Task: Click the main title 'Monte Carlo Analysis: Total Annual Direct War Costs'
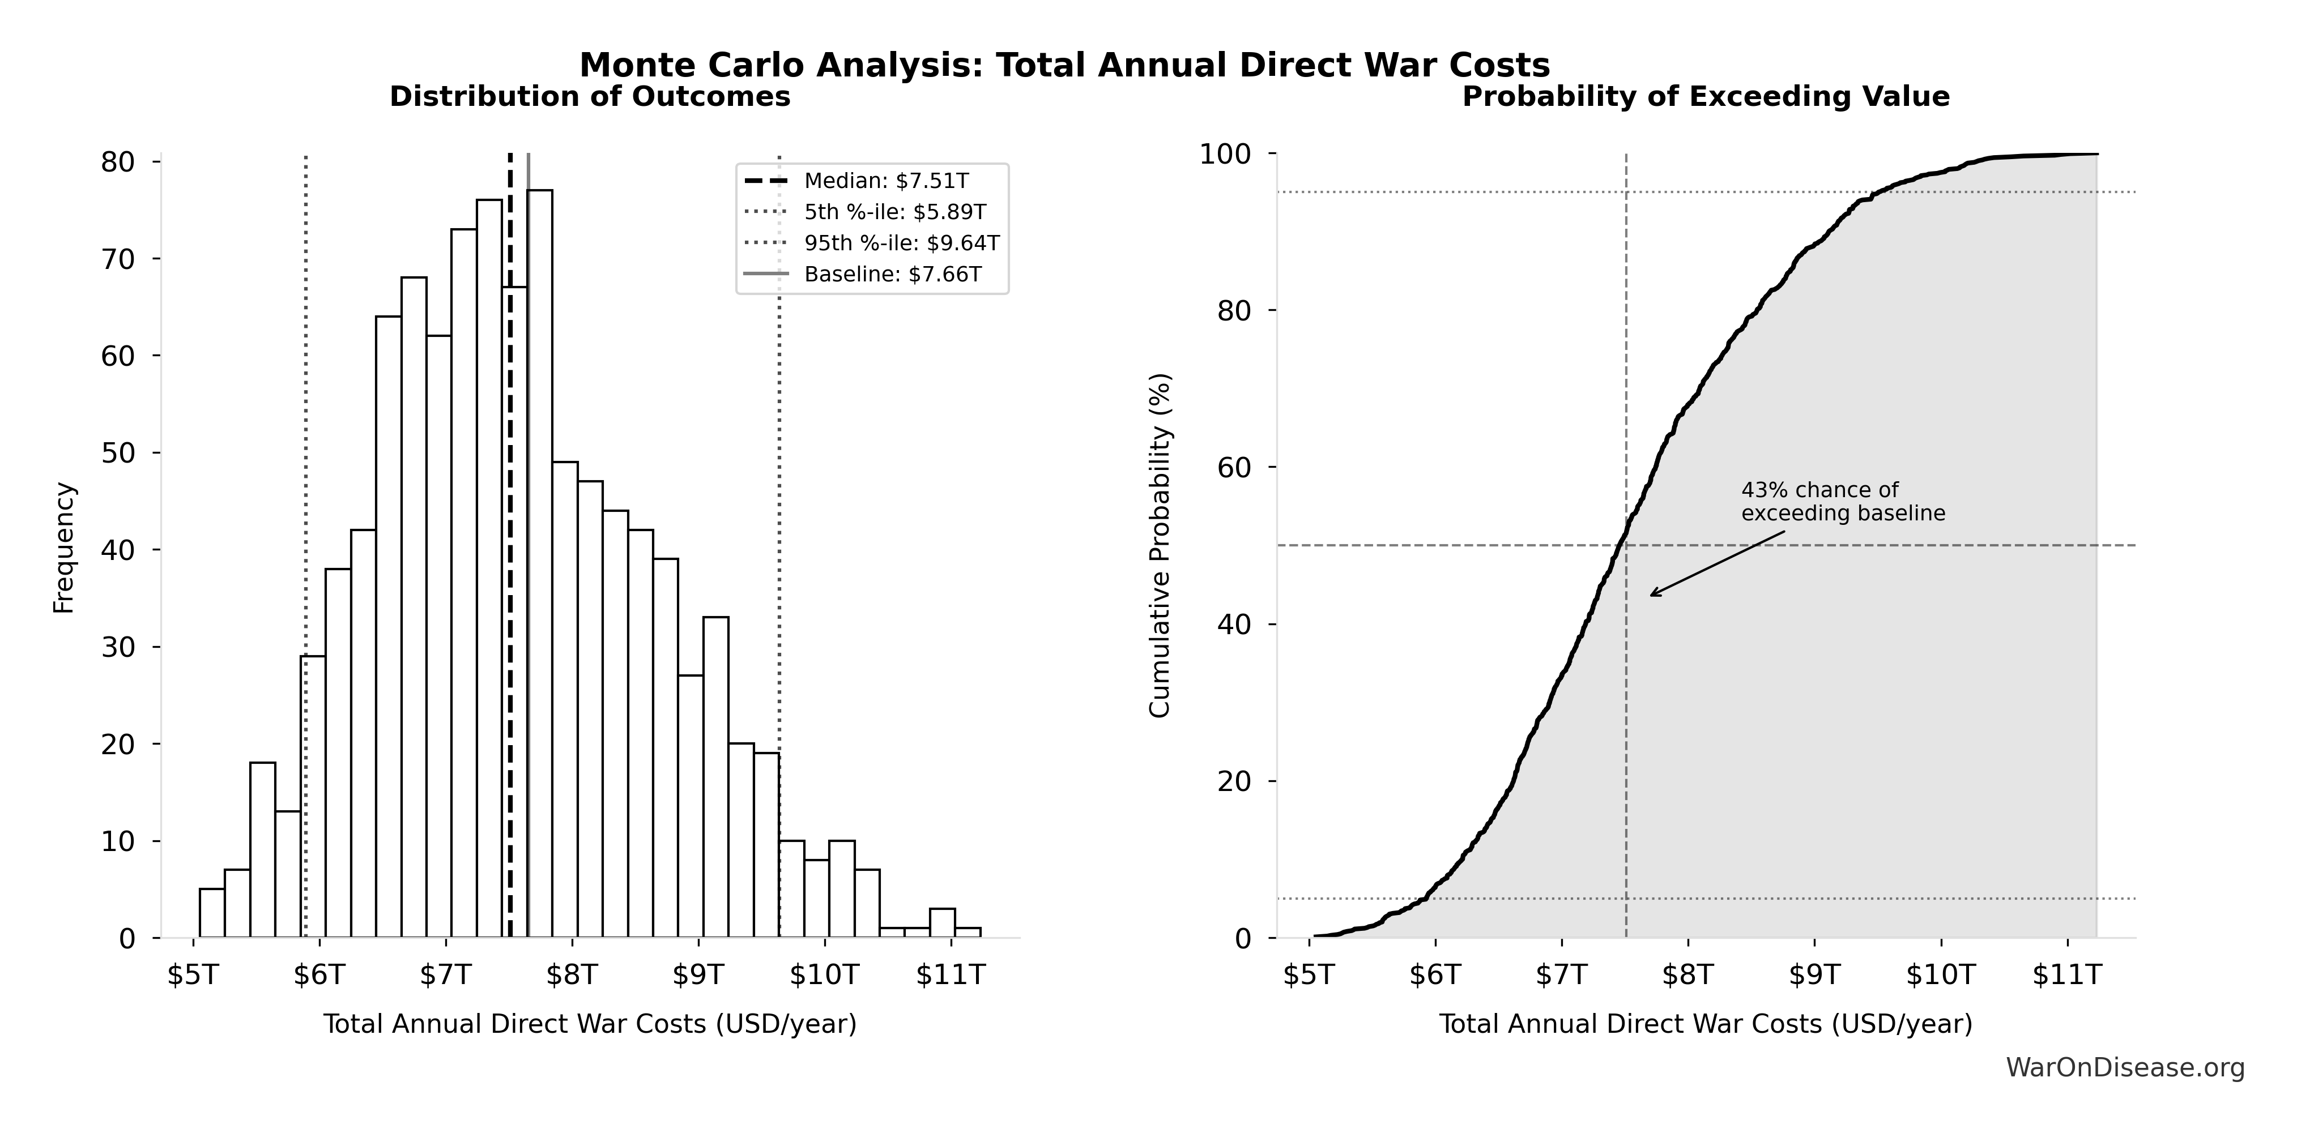click(1065, 65)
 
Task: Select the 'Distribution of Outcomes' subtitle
click(590, 96)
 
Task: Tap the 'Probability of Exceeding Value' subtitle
click(1705, 96)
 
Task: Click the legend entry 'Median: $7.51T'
click(885, 181)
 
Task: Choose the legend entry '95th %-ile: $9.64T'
click(901, 242)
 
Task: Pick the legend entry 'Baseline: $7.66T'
click(893, 273)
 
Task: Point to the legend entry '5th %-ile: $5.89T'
click(894, 212)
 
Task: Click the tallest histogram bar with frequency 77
click(539, 562)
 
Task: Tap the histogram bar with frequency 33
click(715, 776)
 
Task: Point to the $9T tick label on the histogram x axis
click(698, 974)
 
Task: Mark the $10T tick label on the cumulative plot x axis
click(1940, 974)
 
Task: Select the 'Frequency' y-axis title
click(64, 548)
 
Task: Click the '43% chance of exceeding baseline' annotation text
click(1842, 502)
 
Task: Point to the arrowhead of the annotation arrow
click(1651, 595)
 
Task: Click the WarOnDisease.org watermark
click(2125, 1067)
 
